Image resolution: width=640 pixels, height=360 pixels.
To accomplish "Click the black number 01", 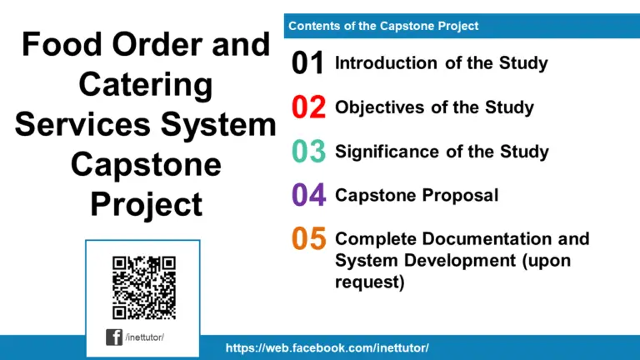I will tap(308, 64).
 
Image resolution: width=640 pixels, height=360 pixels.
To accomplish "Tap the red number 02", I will tap(308, 108).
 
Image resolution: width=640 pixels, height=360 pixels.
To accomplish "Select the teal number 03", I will tap(308, 152).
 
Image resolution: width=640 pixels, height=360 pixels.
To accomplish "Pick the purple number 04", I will tap(308, 196).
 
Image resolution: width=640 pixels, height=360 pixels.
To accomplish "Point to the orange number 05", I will tap(308, 240).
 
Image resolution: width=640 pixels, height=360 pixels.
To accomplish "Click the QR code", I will tap(143, 287).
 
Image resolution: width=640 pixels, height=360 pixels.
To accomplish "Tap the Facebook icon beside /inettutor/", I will tap(114, 337).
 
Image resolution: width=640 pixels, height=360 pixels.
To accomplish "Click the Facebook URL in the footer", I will tap(327, 347).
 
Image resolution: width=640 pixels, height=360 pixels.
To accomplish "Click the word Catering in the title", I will tap(145, 84).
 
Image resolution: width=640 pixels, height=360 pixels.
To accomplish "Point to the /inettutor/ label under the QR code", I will tap(146, 337).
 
